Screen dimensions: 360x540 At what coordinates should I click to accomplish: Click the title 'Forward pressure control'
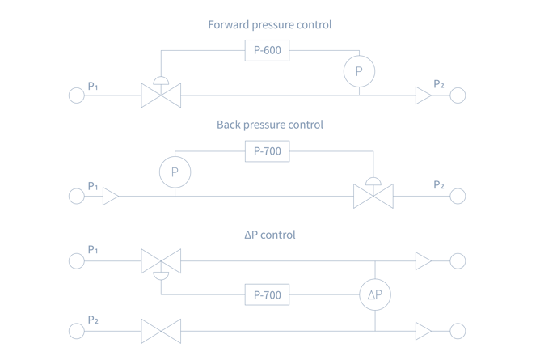269,25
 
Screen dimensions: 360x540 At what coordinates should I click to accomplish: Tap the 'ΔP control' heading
269,235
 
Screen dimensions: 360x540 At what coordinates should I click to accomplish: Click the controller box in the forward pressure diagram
268,51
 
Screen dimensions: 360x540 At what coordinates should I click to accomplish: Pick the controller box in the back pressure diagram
268,150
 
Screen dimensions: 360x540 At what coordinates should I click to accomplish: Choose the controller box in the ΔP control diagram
268,294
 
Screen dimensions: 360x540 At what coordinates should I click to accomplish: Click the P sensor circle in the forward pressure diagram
358,70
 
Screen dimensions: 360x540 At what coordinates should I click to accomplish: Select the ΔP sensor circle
375,295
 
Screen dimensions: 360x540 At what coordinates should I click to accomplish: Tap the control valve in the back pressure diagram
373,196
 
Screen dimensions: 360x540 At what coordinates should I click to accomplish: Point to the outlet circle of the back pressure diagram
458,196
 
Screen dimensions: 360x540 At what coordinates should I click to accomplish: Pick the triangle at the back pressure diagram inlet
111,196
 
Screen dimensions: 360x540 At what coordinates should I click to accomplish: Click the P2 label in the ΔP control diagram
92,321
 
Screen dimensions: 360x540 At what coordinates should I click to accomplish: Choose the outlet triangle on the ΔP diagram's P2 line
424,330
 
